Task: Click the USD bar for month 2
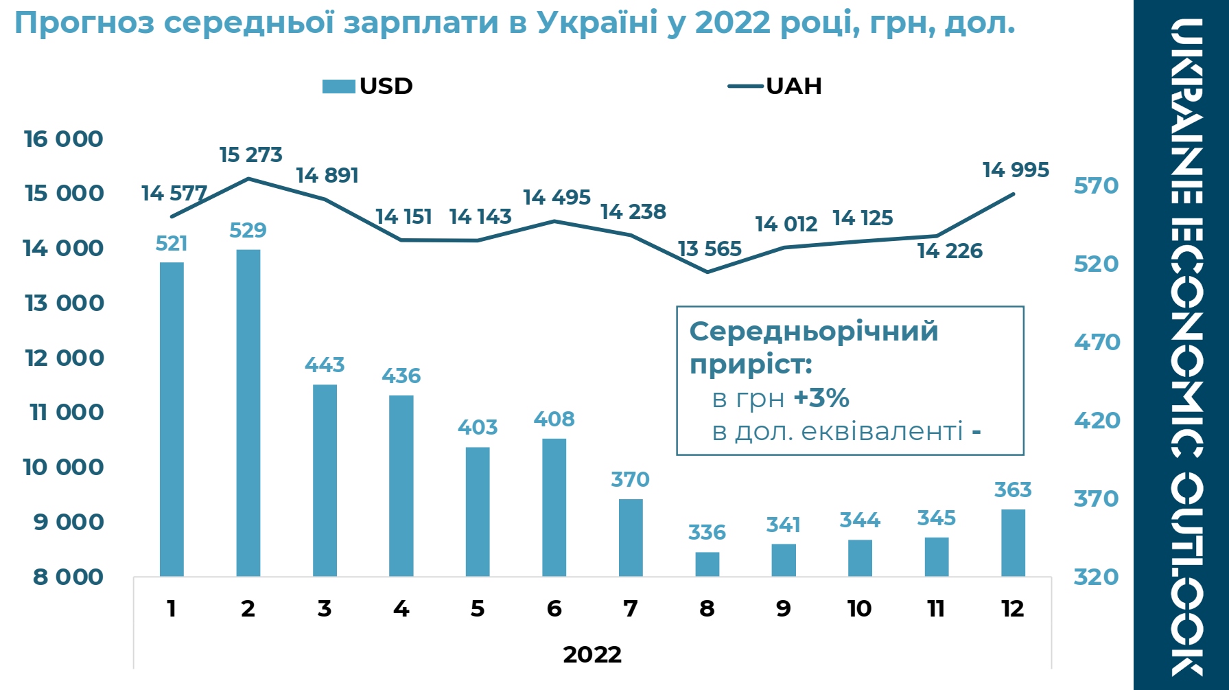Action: click(248, 412)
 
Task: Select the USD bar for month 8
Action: click(707, 564)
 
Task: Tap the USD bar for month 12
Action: click(1013, 542)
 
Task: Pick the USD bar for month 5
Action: click(478, 511)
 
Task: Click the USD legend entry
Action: click(368, 87)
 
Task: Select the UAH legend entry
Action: click(775, 87)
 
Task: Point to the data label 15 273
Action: click(250, 155)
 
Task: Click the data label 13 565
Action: click(710, 249)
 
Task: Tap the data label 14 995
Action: click(1016, 170)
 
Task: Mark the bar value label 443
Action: click(325, 365)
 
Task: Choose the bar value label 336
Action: click(707, 532)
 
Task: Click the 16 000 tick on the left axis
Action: click(63, 139)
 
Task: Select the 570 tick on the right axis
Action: click(1096, 185)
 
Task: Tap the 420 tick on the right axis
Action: click(1096, 420)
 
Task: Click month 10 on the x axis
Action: click(859, 608)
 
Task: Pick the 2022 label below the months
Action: click(592, 654)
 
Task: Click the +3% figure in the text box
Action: click(821, 398)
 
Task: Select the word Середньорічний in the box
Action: click(813, 332)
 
